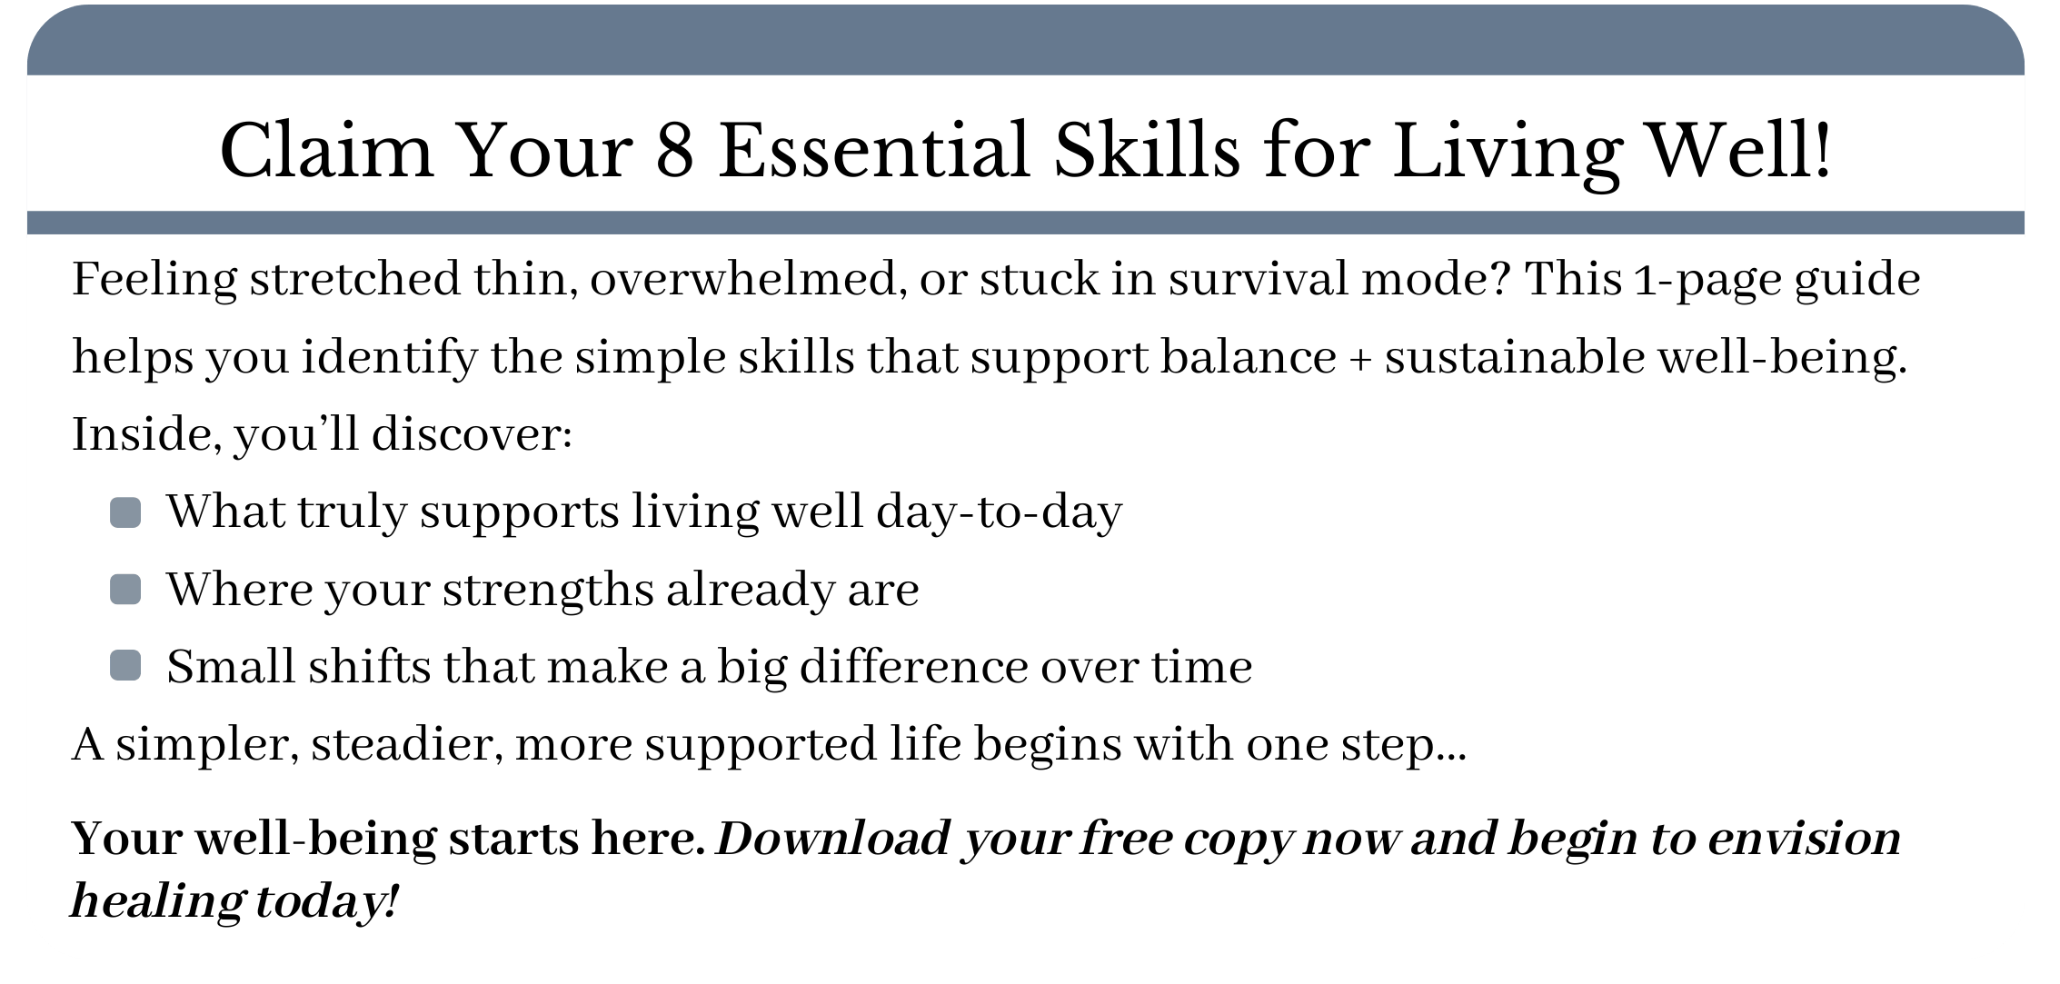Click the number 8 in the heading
point(674,150)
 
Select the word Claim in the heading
point(326,149)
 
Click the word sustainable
point(1515,356)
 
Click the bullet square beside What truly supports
point(125,512)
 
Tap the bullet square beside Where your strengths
point(125,590)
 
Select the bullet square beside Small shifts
point(125,665)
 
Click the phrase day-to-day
point(999,512)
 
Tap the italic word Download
point(832,839)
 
